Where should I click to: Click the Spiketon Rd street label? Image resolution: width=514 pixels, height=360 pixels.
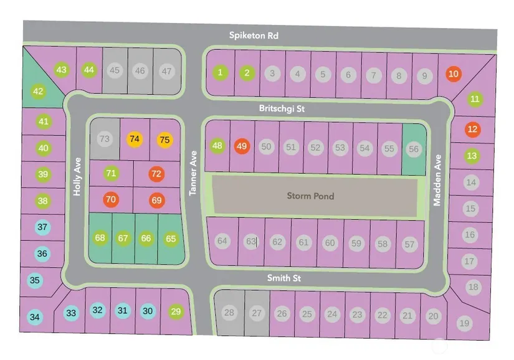click(254, 36)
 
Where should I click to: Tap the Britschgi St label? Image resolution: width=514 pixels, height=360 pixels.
click(282, 108)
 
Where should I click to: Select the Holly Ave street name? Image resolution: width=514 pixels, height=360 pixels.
click(77, 176)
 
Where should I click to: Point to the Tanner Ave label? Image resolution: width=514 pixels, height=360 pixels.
click(193, 173)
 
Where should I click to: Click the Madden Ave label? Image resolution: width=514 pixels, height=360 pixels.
click(437, 180)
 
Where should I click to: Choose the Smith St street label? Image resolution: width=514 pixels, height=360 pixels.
click(284, 278)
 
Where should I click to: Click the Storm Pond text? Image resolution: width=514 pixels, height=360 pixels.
click(310, 196)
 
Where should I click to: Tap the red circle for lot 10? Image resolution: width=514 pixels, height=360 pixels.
click(454, 73)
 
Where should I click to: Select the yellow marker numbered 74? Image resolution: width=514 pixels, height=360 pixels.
click(135, 139)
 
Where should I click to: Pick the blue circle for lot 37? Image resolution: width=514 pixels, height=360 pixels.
click(42, 227)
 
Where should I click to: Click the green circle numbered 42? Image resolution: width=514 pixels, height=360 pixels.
click(39, 91)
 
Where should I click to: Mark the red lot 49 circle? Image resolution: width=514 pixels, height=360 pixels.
click(242, 146)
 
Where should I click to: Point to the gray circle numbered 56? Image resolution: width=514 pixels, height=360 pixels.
click(414, 149)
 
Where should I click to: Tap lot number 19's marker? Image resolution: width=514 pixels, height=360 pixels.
click(465, 323)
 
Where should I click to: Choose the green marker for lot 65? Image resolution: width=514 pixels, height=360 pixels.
click(171, 239)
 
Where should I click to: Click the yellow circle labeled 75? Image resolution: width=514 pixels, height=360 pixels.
click(165, 140)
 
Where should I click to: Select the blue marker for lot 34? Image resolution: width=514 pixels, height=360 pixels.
click(35, 317)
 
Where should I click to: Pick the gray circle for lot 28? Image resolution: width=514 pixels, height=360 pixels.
click(229, 312)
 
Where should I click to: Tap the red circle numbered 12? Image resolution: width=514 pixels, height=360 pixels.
click(473, 129)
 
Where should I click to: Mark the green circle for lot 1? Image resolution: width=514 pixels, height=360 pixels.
click(221, 72)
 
